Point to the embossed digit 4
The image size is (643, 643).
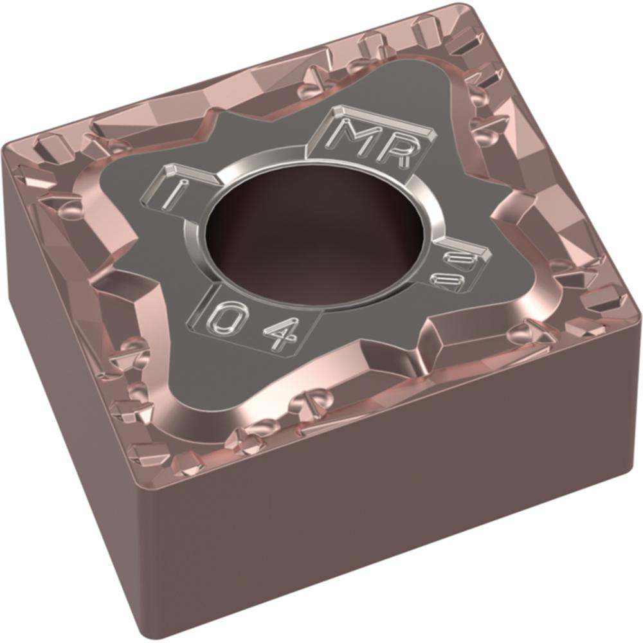281,332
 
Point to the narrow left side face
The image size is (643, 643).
71,360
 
